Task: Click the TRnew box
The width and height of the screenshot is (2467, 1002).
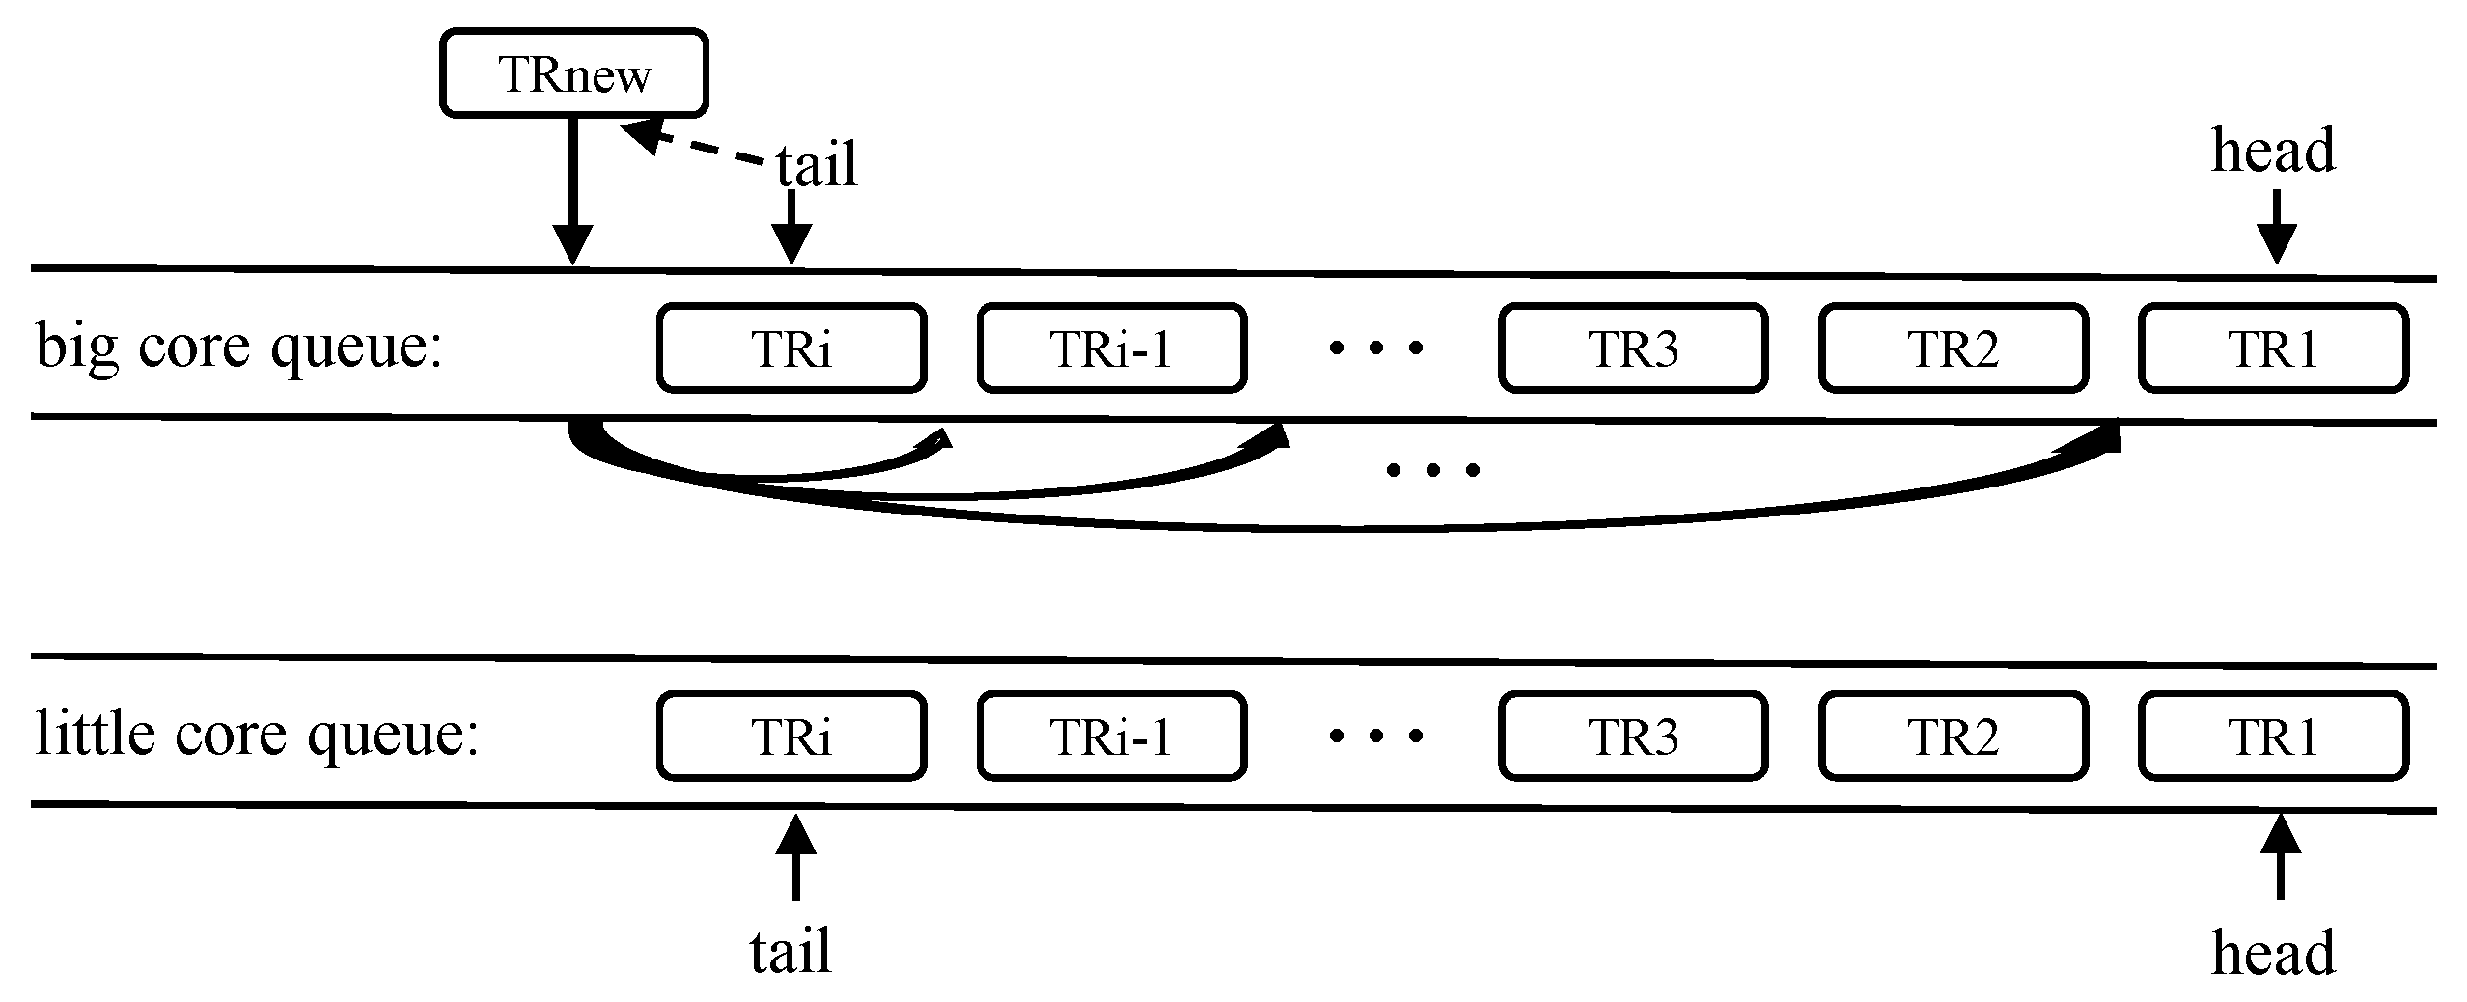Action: coord(574,74)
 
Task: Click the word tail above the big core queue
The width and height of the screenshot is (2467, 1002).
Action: coord(817,165)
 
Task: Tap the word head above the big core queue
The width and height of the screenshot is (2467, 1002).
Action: coord(2273,153)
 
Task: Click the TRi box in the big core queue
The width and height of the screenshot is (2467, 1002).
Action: coord(791,348)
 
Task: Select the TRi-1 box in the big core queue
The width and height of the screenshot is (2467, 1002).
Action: coord(1112,348)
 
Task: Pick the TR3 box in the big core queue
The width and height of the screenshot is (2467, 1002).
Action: coord(1633,348)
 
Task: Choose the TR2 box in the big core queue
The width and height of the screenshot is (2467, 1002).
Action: coord(1954,348)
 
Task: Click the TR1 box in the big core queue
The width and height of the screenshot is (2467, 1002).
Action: coord(2273,348)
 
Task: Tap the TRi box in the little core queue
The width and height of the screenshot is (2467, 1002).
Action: coord(791,737)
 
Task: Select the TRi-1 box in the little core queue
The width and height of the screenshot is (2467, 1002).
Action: coord(1112,737)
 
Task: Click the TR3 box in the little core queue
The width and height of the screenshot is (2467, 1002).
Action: coord(1633,737)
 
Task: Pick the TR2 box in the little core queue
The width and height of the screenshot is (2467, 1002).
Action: coord(1954,737)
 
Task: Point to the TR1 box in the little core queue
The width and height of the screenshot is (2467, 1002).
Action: coord(2273,737)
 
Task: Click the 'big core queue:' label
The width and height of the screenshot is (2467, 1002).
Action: coord(238,347)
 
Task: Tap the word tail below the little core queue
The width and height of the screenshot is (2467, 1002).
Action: coord(790,952)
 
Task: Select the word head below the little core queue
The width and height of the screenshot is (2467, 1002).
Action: coord(2273,954)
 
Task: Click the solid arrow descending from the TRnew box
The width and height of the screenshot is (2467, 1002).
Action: coord(574,193)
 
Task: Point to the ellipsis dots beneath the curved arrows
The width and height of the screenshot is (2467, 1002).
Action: coord(1432,471)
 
